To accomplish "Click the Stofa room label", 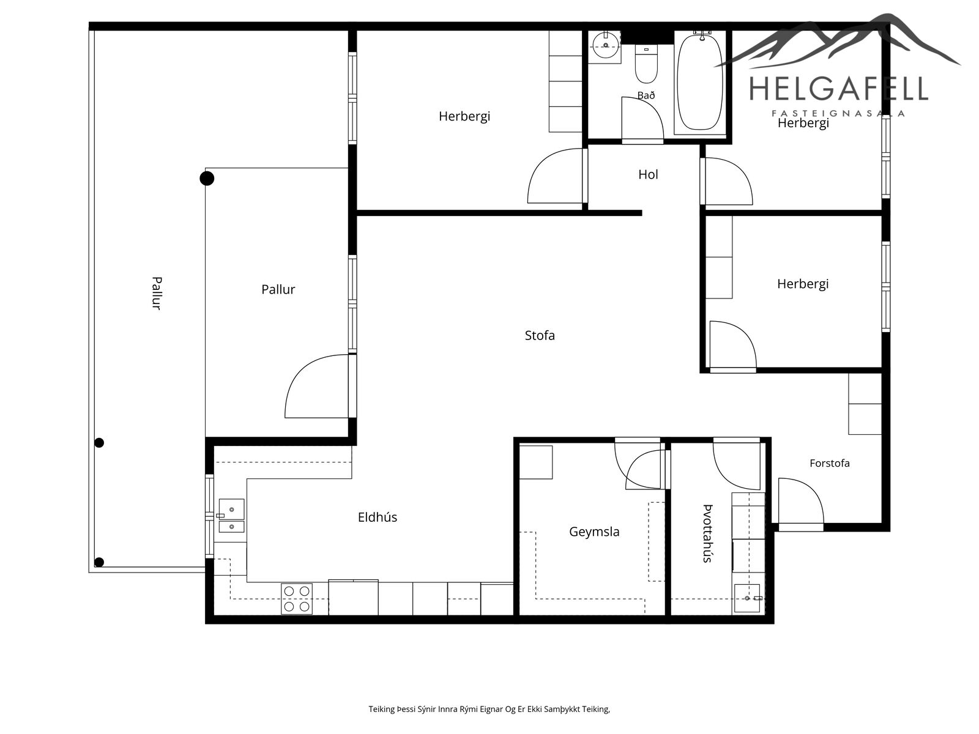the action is [539, 335].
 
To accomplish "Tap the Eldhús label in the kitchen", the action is [378, 517].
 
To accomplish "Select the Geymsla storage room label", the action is [594, 532].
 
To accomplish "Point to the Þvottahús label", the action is [707, 533].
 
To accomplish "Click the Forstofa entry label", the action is [830, 463].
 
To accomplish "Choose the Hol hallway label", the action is [648, 174].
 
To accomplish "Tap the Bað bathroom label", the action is [646, 95].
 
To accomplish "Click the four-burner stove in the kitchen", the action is [297, 599].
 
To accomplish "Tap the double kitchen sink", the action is [231, 516].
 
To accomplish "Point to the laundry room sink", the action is [748, 598].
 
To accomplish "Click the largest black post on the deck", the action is [206, 178].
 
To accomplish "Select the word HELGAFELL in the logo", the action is [838, 88].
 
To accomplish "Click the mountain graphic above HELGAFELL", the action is [838, 41].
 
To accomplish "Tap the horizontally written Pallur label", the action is [278, 290].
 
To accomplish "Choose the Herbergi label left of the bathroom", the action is [464, 116].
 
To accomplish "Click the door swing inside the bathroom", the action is [642, 119].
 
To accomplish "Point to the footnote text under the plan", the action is [489, 709].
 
